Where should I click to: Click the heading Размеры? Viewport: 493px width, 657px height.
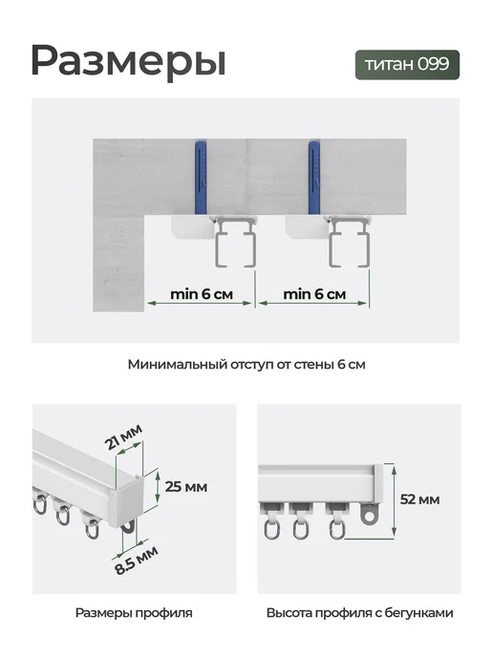point(128,61)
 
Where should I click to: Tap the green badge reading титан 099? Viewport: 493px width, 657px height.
point(407,65)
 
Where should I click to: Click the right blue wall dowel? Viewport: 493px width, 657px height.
point(315,178)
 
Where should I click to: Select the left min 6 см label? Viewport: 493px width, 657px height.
point(202,294)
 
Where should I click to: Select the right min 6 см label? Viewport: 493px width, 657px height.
point(314,294)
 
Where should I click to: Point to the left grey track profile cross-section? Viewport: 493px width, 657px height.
point(236,242)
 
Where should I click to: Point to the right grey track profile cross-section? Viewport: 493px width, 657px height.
point(350,242)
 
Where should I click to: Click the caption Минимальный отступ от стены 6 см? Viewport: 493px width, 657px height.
point(246,365)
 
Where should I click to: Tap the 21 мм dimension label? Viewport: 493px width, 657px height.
point(124,436)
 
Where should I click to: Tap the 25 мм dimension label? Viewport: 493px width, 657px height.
point(186,487)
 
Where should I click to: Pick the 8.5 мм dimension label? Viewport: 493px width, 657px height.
point(137,561)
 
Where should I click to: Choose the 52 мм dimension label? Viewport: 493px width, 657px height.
point(419,499)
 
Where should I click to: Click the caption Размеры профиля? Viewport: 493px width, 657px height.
point(134,613)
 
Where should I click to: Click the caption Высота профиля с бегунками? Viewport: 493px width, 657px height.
point(359,613)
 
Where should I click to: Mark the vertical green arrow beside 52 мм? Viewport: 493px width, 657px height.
point(394,500)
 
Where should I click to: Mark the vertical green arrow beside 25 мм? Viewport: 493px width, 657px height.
point(158,486)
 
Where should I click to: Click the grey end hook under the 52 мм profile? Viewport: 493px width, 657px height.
point(369,513)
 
